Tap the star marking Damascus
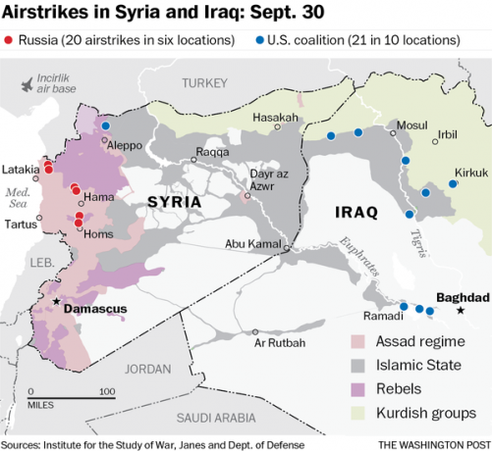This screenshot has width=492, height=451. click(x=57, y=302)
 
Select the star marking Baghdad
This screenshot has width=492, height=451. click(x=460, y=312)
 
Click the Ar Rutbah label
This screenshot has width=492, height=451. click(x=279, y=343)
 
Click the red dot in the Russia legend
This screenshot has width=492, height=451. click(x=9, y=42)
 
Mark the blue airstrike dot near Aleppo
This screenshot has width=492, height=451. click(x=106, y=126)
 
